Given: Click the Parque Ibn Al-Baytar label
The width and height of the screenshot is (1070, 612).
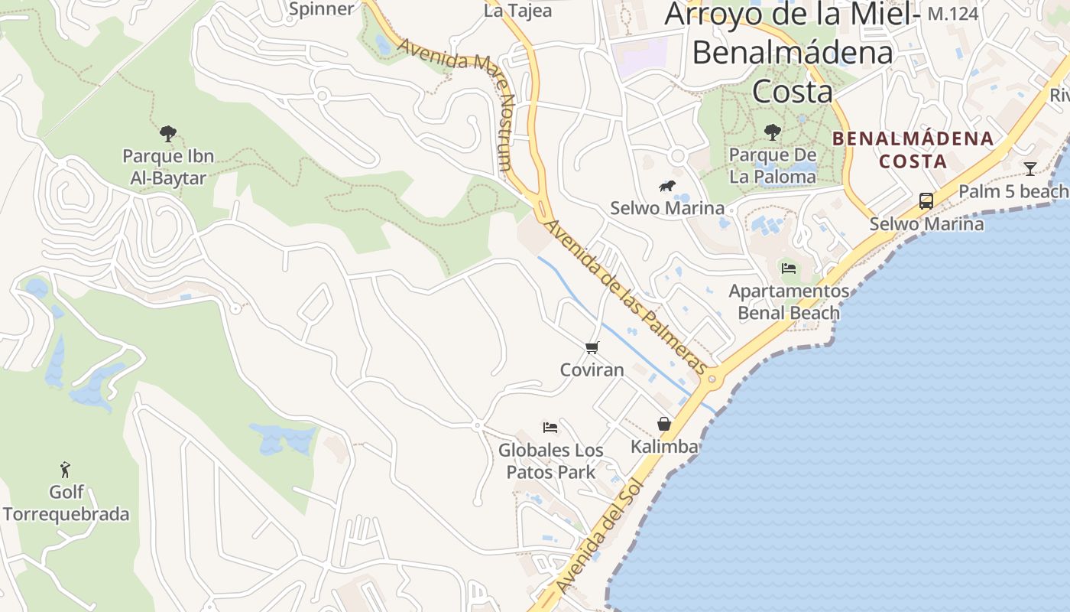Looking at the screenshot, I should tap(168, 168).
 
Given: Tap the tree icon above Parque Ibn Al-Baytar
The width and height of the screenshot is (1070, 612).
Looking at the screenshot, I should tap(168, 134).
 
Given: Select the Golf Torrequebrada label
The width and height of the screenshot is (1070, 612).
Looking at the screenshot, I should tap(66, 503).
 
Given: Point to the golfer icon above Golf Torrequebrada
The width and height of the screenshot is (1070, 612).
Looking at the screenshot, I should tap(66, 469).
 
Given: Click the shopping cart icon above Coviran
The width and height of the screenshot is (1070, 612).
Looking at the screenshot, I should tap(592, 348).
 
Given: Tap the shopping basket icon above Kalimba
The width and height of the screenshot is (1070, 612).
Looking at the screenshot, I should tap(664, 424).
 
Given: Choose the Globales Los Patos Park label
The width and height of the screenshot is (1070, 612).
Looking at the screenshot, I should tap(551, 461).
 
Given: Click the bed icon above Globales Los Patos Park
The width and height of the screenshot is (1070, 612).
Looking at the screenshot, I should tap(550, 427).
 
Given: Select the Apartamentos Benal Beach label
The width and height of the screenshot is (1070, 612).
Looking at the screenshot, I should tap(789, 302).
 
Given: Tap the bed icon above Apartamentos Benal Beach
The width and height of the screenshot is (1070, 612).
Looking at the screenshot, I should tap(789, 268).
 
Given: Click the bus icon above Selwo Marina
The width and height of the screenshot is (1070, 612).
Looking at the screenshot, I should tap(926, 201).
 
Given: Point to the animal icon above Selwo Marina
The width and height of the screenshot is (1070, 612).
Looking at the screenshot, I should tap(667, 186).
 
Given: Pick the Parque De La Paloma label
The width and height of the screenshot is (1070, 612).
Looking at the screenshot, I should tap(773, 166).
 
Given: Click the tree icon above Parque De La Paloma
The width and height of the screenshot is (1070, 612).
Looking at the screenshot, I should tap(773, 132).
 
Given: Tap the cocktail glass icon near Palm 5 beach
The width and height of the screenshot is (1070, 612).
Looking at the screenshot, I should tap(1030, 169).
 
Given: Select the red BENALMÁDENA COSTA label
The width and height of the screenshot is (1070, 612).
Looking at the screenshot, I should tap(913, 150).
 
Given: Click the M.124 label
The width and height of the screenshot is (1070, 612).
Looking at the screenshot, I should tap(952, 14).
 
